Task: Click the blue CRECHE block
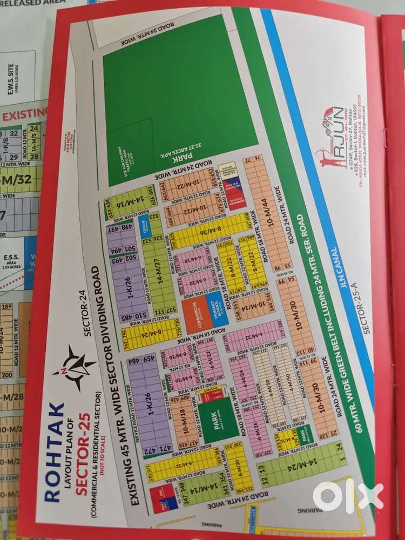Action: click(145, 228)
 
